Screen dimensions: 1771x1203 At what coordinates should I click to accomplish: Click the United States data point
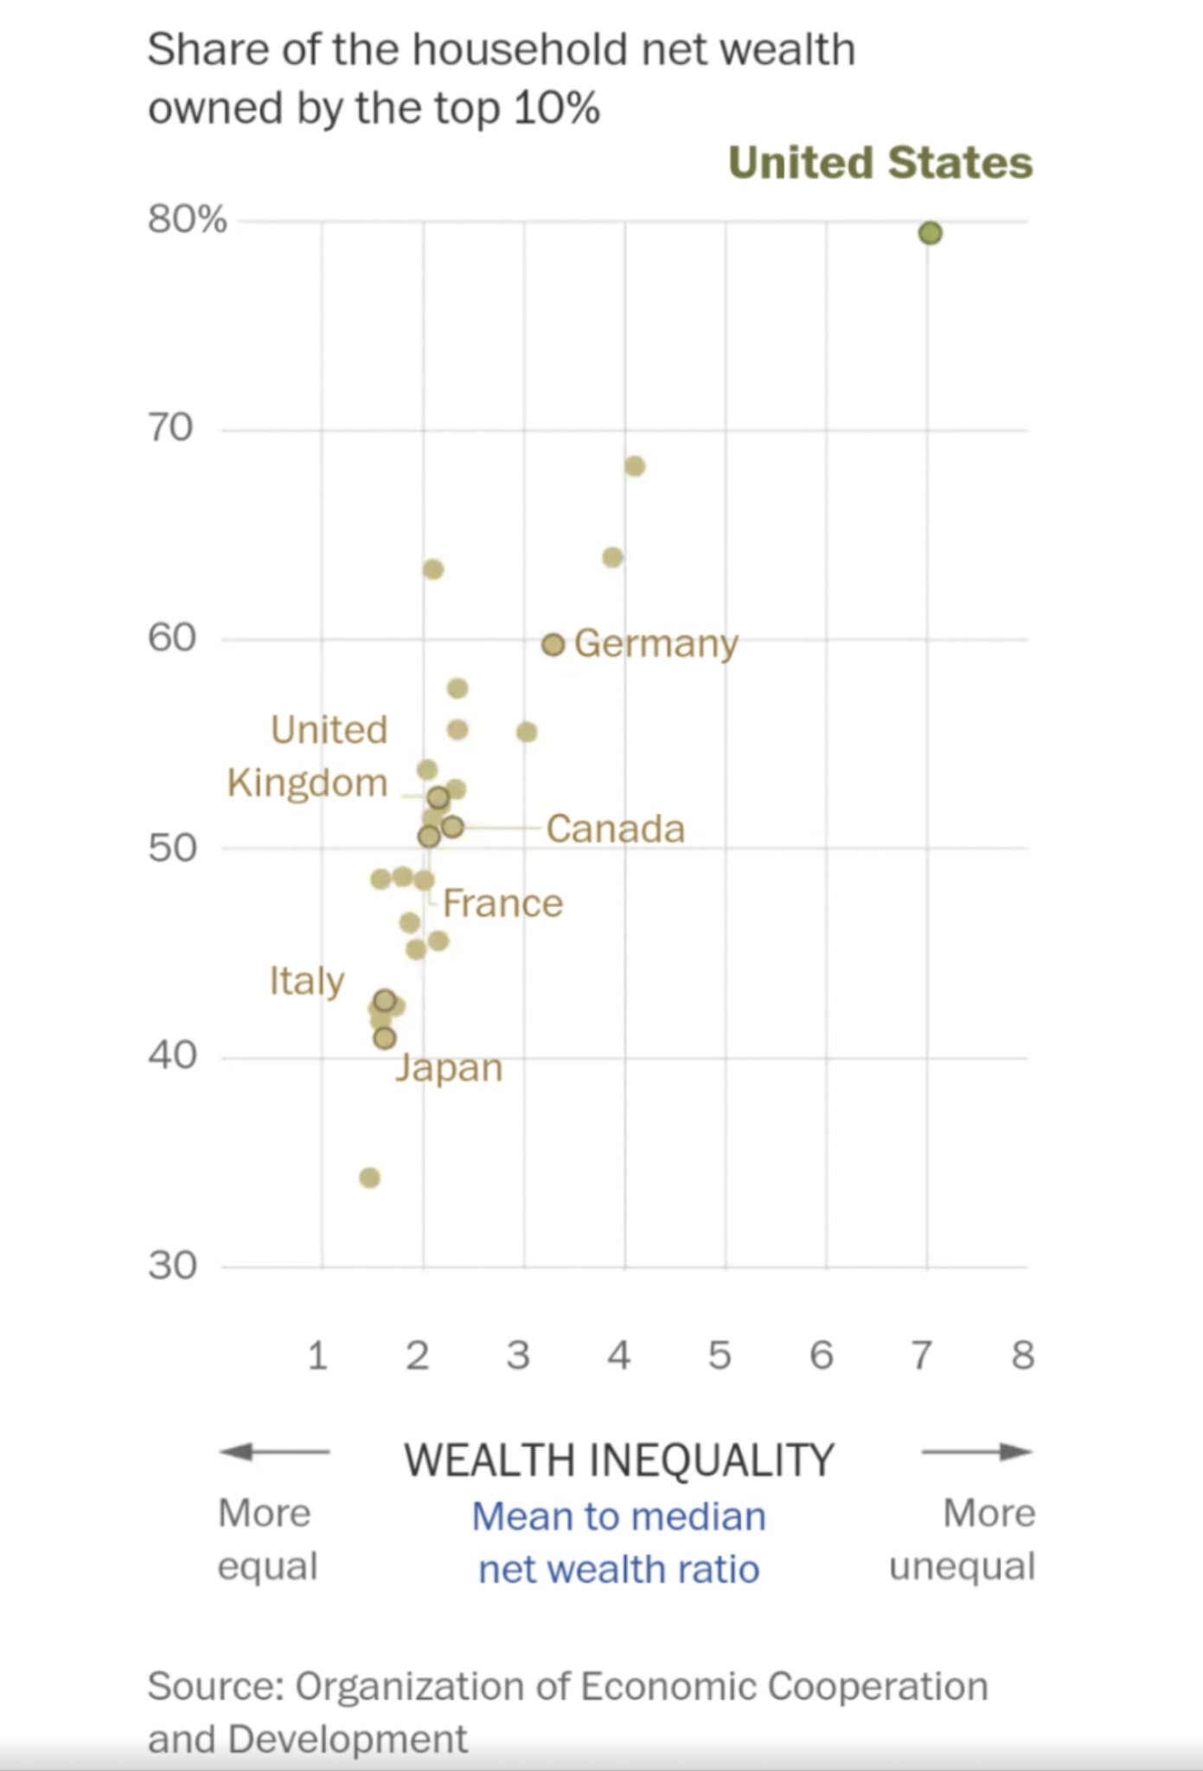pos(930,233)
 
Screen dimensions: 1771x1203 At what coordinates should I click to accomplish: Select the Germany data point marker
pos(554,644)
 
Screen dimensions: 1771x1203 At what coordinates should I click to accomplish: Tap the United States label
pos(880,163)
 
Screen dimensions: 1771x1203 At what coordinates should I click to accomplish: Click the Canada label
pos(615,828)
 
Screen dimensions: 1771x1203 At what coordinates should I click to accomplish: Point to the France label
pos(502,904)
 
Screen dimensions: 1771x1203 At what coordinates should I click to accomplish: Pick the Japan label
pos(449,1068)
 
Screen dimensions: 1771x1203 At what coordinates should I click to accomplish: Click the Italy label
pos(306,981)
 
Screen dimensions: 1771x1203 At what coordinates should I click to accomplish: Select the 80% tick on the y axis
pos(187,219)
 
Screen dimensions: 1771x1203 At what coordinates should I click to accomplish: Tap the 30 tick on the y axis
pos(172,1266)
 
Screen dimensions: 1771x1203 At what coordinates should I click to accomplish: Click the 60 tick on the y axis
pos(172,638)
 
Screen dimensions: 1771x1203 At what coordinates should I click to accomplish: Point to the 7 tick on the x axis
pos(922,1355)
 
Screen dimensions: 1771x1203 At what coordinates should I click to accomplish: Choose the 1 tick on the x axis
pos(317,1355)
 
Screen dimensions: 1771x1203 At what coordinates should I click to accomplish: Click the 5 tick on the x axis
pos(720,1355)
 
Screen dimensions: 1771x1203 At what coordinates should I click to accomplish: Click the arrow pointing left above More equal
pos(273,1452)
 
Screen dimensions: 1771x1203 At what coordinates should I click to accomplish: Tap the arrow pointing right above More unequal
pos(976,1452)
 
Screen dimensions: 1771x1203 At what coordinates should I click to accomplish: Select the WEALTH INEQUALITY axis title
pos(619,1460)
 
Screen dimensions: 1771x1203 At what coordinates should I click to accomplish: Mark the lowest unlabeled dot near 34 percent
pos(369,1178)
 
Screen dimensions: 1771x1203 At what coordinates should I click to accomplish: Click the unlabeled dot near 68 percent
pos(634,466)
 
